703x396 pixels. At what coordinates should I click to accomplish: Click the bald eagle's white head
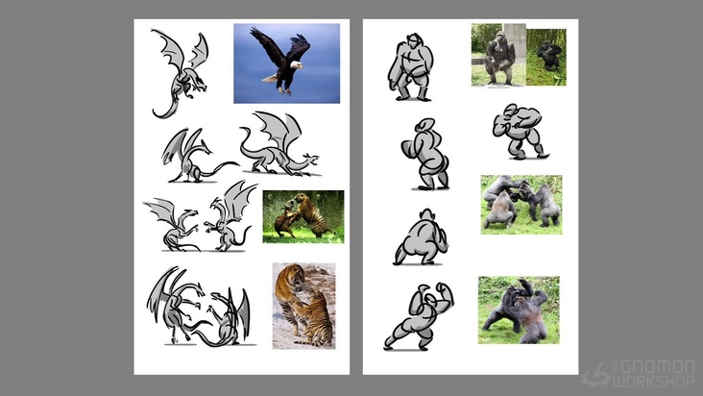click(x=296, y=64)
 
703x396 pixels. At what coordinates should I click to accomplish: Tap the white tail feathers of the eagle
click(x=270, y=79)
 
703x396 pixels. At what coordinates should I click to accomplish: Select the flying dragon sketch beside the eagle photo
click(x=181, y=73)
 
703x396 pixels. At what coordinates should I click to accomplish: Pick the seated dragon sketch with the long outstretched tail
click(x=198, y=156)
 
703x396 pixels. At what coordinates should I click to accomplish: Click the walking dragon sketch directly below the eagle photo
click(x=279, y=143)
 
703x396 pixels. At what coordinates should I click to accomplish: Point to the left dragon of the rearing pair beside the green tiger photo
click(x=173, y=224)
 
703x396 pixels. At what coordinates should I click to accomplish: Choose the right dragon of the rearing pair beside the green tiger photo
click(x=230, y=216)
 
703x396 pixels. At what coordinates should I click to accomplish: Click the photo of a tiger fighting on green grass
click(x=303, y=217)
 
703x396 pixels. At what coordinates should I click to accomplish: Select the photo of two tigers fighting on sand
click(x=304, y=306)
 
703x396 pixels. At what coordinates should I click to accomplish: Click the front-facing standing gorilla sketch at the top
click(x=410, y=67)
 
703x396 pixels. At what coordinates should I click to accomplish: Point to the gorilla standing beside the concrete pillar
click(x=499, y=59)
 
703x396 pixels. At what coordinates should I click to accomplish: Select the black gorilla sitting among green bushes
click(x=549, y=56)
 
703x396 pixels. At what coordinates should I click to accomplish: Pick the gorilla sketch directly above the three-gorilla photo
click(x=521, y=132)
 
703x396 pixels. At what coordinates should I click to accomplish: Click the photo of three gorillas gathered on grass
click(x=521, y=205)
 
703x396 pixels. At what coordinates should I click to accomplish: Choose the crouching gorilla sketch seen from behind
click(x=420, y=237)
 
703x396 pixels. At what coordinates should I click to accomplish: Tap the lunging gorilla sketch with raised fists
click(x=419, y=316)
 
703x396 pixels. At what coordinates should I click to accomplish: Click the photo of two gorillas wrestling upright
click(x=519, y=309)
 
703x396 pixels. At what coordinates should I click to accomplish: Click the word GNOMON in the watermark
click(x=657, y=367)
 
